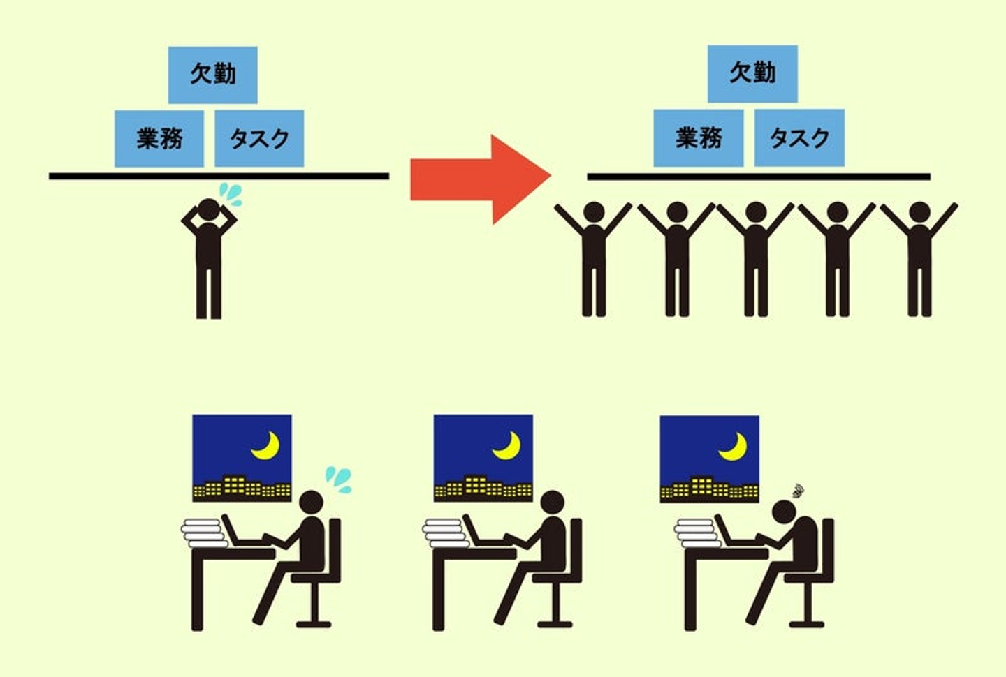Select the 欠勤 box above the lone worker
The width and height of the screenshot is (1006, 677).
click(x=212, y=75)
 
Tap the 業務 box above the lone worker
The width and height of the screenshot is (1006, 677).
click(x=159, y=138)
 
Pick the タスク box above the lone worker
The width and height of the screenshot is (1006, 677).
click(x=259, y=138)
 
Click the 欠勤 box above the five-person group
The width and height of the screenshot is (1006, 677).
click(x=752, y=73)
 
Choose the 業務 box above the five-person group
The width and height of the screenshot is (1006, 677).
click(x=698, y=137)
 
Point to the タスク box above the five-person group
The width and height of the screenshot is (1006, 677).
click(x=799, y=137)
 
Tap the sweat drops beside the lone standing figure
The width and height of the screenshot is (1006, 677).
click(x=231, y=194)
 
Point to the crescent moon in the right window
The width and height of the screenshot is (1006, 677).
click(x=734, y=447)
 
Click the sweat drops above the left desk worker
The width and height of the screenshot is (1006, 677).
click(x=339, y=479)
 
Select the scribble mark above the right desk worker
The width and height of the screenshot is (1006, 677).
click(x=798, y=491)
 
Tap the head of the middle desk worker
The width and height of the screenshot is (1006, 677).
click(x=553, y=503)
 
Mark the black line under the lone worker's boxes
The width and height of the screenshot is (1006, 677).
click(x=219, y=176)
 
